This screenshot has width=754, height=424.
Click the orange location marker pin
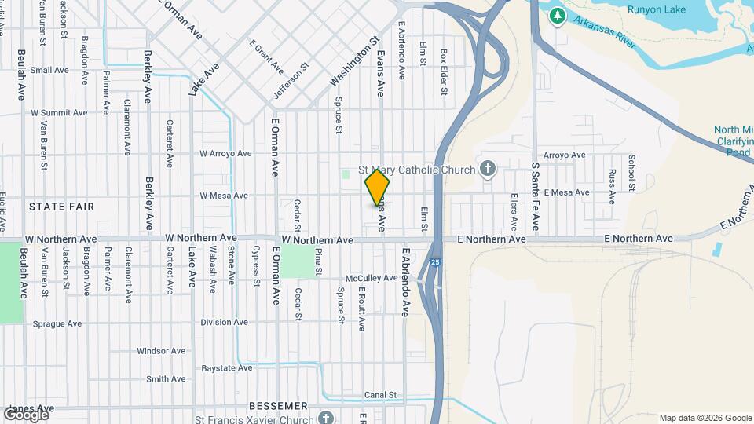[x=377, y=189]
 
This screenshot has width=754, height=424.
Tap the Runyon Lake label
[x=656, y=9]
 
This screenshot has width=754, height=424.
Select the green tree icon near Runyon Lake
[x=557, y=15]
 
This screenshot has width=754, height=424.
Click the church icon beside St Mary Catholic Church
[x=488, y=170]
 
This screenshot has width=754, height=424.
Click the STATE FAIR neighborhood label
[x=61, y=207]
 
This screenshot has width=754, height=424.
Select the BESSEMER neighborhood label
[x=278, y=406]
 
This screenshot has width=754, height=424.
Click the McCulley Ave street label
[x=372, y=278]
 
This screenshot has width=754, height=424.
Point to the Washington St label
[x=354, y=60]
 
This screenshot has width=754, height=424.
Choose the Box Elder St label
[x=444, y=72]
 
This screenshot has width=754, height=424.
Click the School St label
[x=631, y=173]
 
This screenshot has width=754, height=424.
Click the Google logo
[x=25, y=414]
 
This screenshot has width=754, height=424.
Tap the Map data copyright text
[x=704, y=418]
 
